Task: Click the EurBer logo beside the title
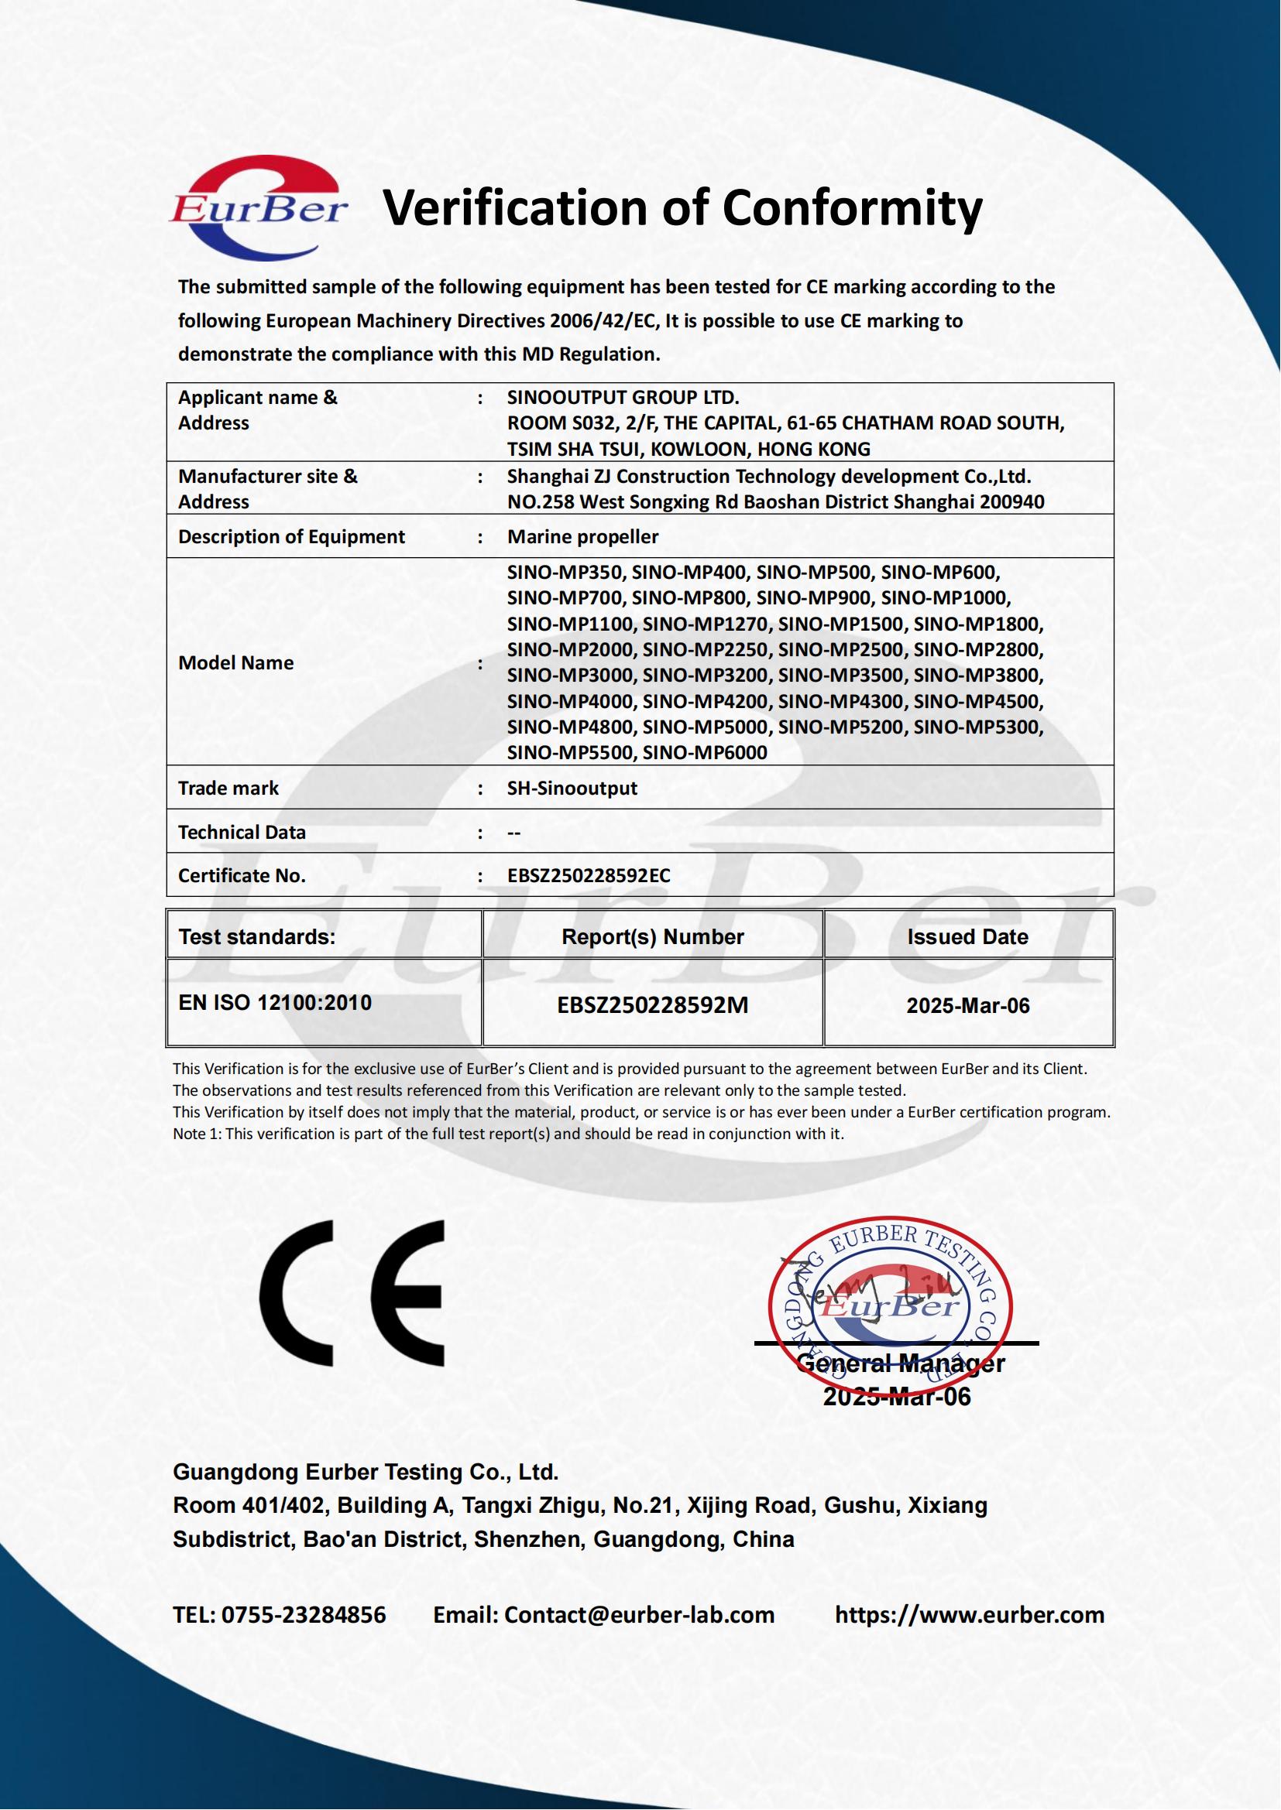pyautogui.click(x=258, y=208)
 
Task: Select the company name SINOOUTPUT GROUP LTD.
pyautogui.click(x=623, y=397)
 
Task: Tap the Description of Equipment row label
pyautogui.click(x=291, y=537)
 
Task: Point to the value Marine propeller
pyautogui.click(x=582, y=537)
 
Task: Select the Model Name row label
pyautogui.click(x=236, y=663)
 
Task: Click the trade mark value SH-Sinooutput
pyautogui.click(x=572, y=789)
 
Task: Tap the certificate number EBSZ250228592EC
pyautogui.click(x=589, y=876)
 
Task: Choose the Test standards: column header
pyautogui.click(x=257, y=936)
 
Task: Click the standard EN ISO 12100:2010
pyautogui.click(x=274, y=1003)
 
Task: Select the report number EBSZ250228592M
pyautogui.click(x=652, y=1005)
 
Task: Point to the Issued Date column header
pyautogui.click(x=967, y=936)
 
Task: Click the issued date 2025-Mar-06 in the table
pyautogui.click(x=968, y=1005)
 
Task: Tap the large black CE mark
pyautogui.click(x=352, y=1294)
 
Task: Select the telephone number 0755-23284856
pyautogui.click(x=304, y=1615)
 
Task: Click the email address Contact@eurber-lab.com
pyautogui.click(x=639, y=1615)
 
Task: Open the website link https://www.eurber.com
pyautogui.click(x=970, y=1615)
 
